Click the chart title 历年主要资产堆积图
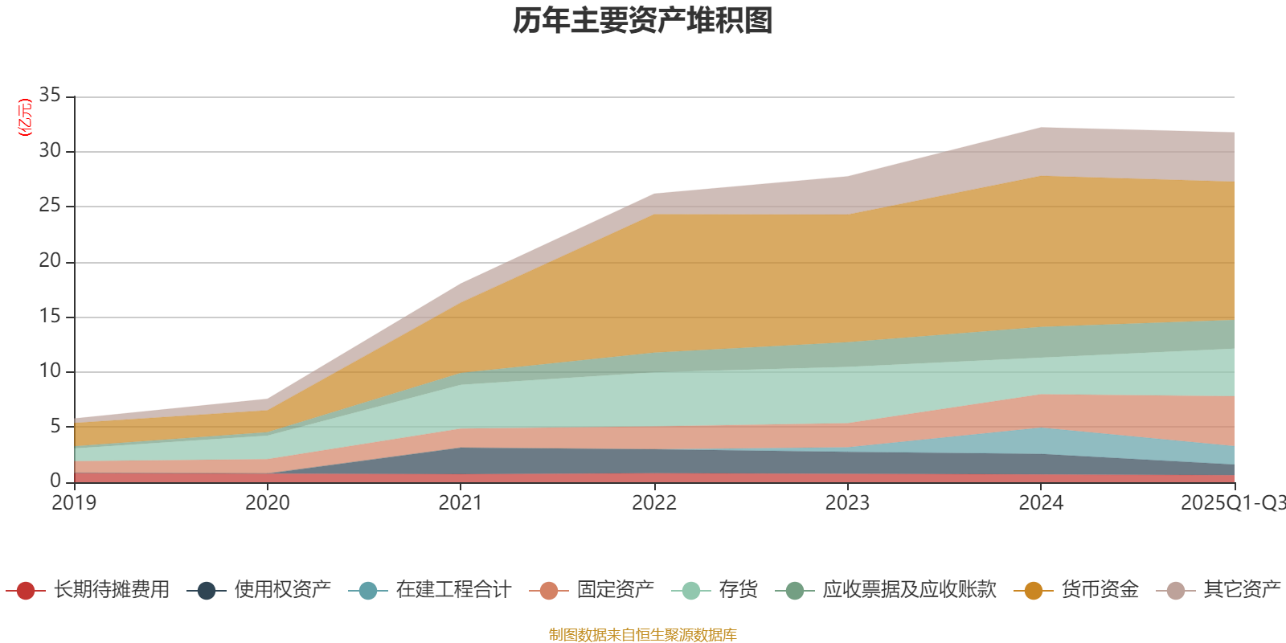[x=643, y=21]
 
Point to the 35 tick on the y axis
[x=50, y=96]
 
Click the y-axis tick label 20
[x=50, y=260]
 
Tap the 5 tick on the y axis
[x=55, y=426]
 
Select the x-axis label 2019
[x=74, y=503]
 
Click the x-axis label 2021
[x=461, y=503]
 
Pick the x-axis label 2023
[x=847, y=503]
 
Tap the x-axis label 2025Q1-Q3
[x=1231, y=503]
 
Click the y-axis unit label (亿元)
[x=25, y=117]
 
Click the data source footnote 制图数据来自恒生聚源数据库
[x=643, y=635]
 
